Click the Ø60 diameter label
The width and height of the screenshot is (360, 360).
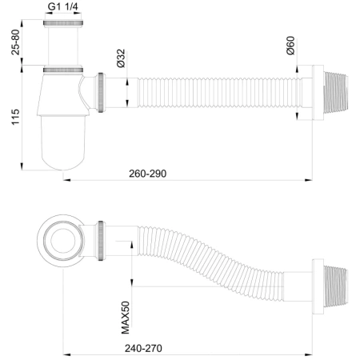pyautogui.click(x=293, y=47)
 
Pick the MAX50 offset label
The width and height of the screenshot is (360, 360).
pyautogui.click(x=126, y=315)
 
